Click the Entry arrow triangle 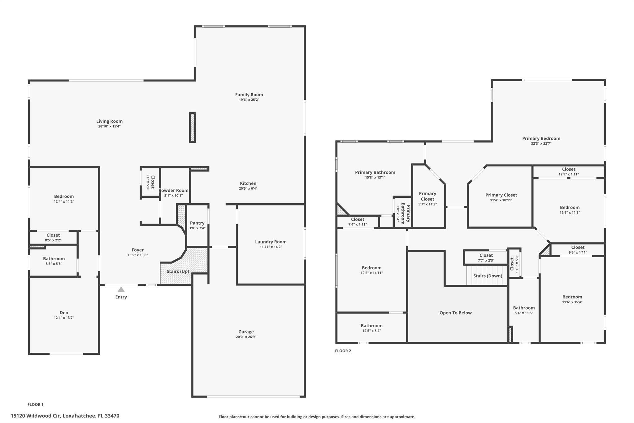coord(121,289)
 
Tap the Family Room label coord(249,95)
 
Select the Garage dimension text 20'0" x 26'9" coord(246,337)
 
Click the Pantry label coord(197,223)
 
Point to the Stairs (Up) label coord(178,271)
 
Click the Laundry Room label coord(271,242)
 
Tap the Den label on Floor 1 coord(64,313)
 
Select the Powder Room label coord(173,191)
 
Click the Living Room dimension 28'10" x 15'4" coord(109,126)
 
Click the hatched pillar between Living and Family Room coord(193,127)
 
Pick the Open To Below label coord(455,313)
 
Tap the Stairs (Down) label coord(488,276)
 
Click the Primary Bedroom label coord(541,139)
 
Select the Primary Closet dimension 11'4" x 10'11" coord(501,200)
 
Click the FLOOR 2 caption coord(343,351)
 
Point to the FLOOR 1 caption coord(35,404)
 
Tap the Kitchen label coord(248,183)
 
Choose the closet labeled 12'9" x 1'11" coord(568,171)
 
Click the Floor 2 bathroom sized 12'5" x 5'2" coord(371,328)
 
